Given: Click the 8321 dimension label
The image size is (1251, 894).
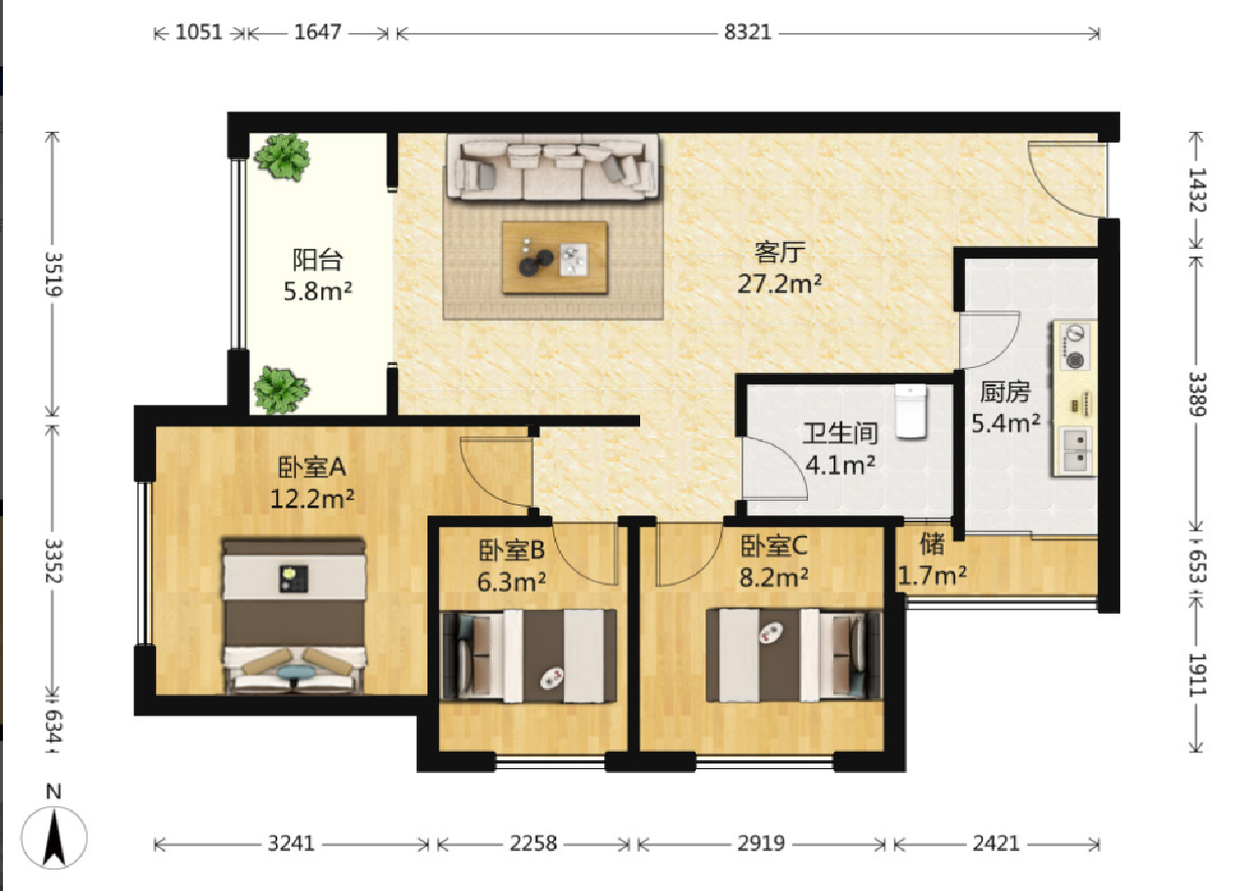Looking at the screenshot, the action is tap(747, 32).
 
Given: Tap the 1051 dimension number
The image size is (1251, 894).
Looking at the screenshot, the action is tap(199, 32).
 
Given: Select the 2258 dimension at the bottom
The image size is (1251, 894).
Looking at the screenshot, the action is tap(533, 843).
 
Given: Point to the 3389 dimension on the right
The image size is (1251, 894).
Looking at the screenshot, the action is tap(1197, 394).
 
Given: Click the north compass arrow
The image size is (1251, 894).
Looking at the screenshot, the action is tap(55, 837).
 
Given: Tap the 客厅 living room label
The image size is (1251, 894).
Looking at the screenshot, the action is tap(780, 252).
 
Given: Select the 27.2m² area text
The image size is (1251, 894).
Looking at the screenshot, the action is tap(780, 284).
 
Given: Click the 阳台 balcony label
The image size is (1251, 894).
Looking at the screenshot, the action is tap(318, 260).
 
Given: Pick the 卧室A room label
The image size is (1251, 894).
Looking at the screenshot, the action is tap(311, 467).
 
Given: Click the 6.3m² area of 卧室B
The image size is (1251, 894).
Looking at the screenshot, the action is tap(511, 582).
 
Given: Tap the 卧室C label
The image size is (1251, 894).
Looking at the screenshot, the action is tap(774, 546).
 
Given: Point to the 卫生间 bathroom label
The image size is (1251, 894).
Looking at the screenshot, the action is tap(840, 433).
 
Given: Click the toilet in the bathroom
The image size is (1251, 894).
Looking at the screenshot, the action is tap(910, 411).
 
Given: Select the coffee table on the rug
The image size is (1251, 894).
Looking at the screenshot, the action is tap(554, 257).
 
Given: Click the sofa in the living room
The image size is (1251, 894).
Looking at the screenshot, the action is tap(552, 167).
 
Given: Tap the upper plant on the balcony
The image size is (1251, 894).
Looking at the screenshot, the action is tap(282, 157).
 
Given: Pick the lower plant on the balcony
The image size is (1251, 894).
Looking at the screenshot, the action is tap(281, 390).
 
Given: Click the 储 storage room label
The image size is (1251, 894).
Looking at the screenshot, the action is tap(932, 544).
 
